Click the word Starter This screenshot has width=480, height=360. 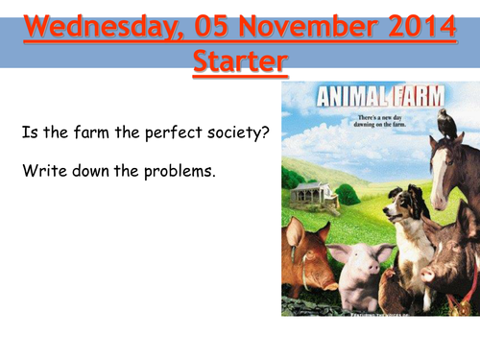click(239, 62)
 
